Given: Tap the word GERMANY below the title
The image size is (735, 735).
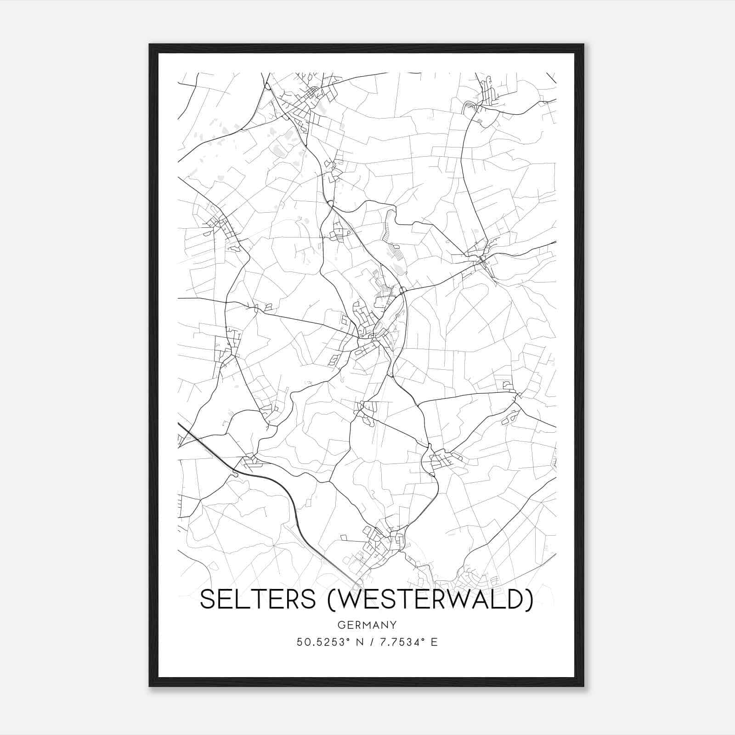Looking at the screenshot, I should [x=367, y=625].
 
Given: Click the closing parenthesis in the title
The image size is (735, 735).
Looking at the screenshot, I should [x=530, y=600].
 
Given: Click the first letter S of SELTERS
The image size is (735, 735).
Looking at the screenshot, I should [x=208, y=599].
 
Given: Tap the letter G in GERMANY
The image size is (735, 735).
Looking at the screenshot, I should [x=341, y=625].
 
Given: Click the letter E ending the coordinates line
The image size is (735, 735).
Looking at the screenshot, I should [x=434, y=642].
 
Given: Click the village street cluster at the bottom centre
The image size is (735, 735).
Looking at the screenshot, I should [x=381, y=544].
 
